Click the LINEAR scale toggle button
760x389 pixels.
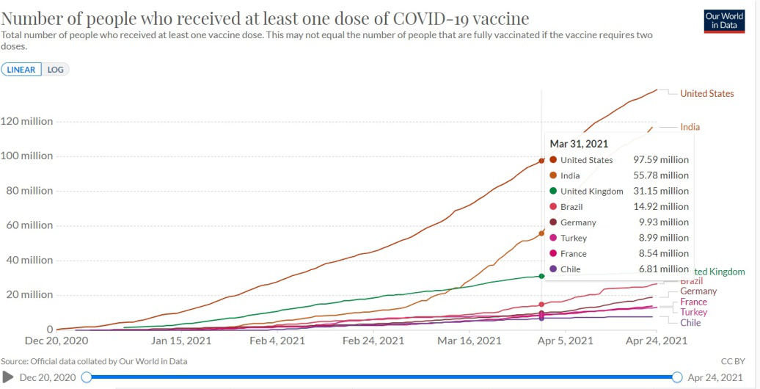click(x=21, y=70)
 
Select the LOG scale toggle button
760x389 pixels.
click(x=56, y=70)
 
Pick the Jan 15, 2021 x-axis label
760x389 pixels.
click(x=180, y=341)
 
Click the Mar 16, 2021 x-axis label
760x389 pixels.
click(x=467, y=341)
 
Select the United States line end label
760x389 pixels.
click(x=706, y=93)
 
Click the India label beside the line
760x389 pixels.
click(x=690, y=127)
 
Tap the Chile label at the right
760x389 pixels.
click(x=690, y=323)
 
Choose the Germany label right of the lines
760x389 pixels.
click(x=698, y=291)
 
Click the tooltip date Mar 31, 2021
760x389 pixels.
click(x=579, y=144)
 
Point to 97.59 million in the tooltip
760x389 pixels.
click(x=660, y=160)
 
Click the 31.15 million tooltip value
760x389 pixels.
click(x=660, y=192)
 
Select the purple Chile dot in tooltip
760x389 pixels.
click(x=552, y=269)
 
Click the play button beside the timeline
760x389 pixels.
click(x=9, y=377)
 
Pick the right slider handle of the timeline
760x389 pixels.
click(x=676, y=377)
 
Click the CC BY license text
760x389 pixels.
click(x=734, y=361)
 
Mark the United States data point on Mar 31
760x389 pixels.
click(x=541, y=161)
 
